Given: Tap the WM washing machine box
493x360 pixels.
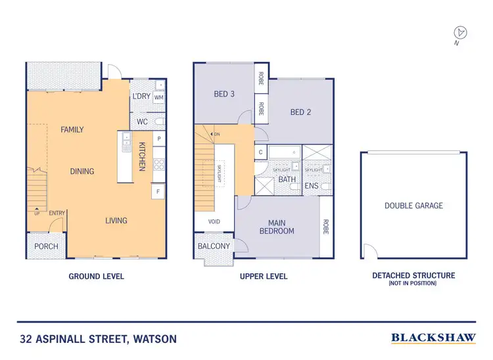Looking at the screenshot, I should click(159, 97).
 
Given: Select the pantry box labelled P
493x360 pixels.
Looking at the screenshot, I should click(158, 139).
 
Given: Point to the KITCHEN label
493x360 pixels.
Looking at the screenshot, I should click(141, 156).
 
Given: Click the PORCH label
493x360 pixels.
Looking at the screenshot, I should click(46, 246).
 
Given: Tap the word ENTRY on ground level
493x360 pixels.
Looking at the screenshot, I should click(56, 212).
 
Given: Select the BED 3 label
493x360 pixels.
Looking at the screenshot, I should click(224, 94).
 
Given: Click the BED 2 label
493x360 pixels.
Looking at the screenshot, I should click(300, 112).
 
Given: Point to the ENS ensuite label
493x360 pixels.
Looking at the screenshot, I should click(311, 186).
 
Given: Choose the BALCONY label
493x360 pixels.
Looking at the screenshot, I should click(214, 246).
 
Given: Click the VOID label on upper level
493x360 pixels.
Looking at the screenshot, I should click(214, 221).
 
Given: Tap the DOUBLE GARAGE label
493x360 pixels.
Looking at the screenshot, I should click(413, 206).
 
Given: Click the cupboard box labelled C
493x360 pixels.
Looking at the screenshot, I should click(261, 152).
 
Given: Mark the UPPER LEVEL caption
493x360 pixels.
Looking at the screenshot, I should click(263, 277).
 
